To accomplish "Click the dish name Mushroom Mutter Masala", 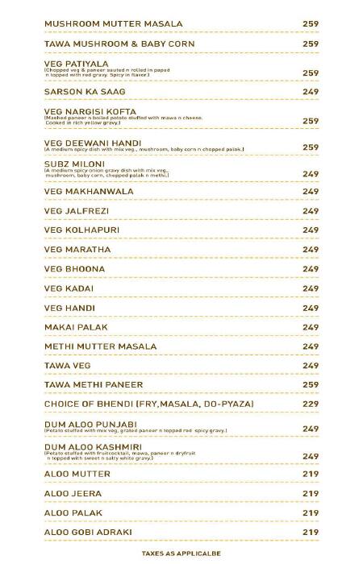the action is click(x=113, y=24).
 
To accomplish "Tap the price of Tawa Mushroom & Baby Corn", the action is click(x=311, y=44).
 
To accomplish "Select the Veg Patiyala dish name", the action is click(x=77, y=63).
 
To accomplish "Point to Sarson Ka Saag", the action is click(x=85, y=92).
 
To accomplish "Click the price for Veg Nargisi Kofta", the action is click(x=311, y=121).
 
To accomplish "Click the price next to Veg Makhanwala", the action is click(x=311, y=192).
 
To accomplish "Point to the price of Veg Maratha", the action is click(x=311, y=250).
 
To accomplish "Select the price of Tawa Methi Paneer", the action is click(x=311, y=385).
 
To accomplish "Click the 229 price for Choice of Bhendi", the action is click(x=311, y=404).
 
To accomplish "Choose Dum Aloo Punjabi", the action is click(x=90, y=424).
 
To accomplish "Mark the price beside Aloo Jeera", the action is click(x=311, y=494).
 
